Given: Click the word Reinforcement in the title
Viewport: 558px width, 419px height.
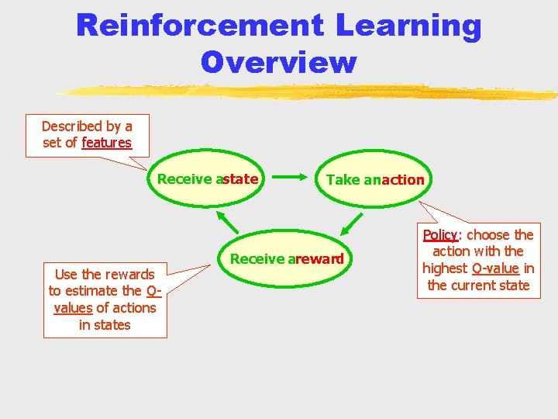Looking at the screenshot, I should point(199,26).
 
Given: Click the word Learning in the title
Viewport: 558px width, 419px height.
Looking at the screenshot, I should point(408,26).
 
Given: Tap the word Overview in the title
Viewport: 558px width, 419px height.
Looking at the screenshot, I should point(278,62).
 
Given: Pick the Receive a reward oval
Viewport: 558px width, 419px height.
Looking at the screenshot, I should point(287,259).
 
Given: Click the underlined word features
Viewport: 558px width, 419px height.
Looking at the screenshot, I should point(107,143).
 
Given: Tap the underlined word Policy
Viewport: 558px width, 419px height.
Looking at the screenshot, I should point(441,234).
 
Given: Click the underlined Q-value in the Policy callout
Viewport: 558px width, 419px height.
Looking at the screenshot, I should point(495,268).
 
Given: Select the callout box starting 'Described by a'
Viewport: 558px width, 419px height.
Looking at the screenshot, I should point(87,135).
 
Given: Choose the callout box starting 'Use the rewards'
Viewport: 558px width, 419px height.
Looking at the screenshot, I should point(105,300).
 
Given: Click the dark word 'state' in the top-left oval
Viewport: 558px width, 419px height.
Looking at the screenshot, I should point(240,179).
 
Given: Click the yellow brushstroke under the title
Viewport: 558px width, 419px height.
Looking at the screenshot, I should point(310,92).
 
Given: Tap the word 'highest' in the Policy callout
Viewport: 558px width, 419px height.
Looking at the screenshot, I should point(445,268).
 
